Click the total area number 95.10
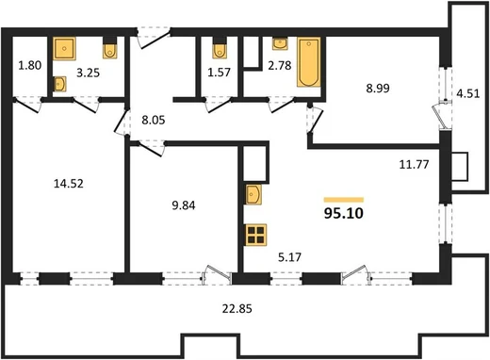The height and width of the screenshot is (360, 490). [x=344, y=214]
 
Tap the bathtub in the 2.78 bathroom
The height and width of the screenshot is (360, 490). [x=309, y=62]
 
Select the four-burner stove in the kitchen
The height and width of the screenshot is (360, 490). [x=255, y=235]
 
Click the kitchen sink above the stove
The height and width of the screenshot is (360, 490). [x=253, y=194]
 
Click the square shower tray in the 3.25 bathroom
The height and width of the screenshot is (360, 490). [x=64, y=48]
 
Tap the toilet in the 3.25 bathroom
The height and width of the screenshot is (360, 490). [x=109, y=48]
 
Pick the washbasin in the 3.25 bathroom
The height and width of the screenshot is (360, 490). [x=59, y=84]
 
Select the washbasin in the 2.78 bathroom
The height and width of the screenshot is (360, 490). [x=280, y=43]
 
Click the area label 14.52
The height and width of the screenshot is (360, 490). [x=69, y=184]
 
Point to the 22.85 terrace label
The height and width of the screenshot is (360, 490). [x=237, y=309]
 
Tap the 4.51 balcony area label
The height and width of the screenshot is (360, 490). [x=468, y=93]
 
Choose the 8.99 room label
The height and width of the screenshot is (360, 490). [x=378, y=89]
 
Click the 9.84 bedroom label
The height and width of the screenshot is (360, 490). [x=184, y=205]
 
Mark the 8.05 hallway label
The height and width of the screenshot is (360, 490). [x=154, y=120]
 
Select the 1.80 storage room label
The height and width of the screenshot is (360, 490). [x=30, y=66]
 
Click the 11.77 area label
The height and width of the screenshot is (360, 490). [x=414, y=164]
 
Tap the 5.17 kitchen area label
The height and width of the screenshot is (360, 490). [x=289, y=257]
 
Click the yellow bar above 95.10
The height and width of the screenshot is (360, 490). [x=344, y=200]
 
